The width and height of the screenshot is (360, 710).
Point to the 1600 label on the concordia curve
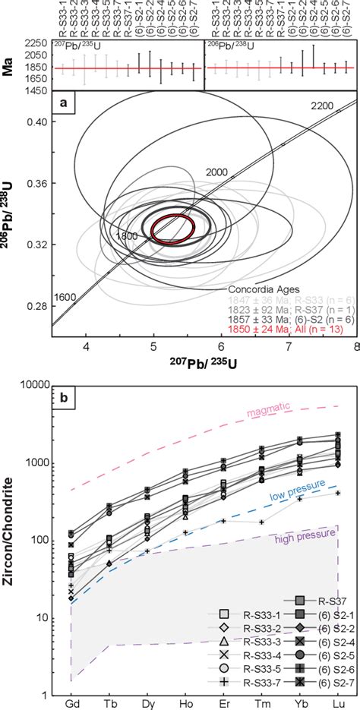[65, 297]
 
